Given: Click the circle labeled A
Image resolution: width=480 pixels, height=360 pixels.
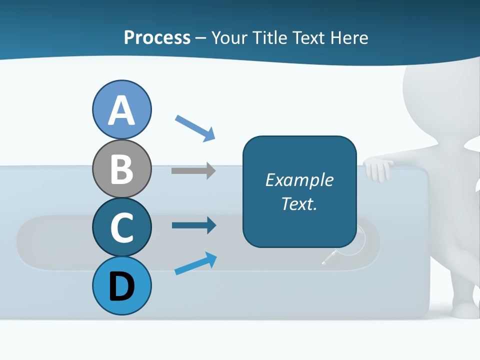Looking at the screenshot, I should (121, 109).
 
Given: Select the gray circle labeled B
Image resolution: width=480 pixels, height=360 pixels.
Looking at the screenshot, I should (121, 168).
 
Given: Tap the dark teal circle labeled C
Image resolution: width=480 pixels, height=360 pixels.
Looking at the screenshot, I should (121, 227).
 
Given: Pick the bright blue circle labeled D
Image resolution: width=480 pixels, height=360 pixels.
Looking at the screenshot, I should (121, 285).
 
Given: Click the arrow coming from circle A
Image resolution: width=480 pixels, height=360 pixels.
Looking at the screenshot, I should (195, 127).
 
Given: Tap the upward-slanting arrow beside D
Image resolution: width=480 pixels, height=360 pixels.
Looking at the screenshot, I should (195, 263).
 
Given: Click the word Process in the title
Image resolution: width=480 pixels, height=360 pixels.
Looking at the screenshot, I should (157, 37).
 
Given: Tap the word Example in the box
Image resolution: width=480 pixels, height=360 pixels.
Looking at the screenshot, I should (299, 180).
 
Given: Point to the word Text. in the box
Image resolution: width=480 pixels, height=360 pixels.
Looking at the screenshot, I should (299, 203).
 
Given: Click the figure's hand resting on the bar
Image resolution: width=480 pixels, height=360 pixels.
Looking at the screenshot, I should (378, 169).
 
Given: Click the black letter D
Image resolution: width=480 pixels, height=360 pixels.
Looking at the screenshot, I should (121, 286).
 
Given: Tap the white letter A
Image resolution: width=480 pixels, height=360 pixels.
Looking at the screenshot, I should (121, 110).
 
